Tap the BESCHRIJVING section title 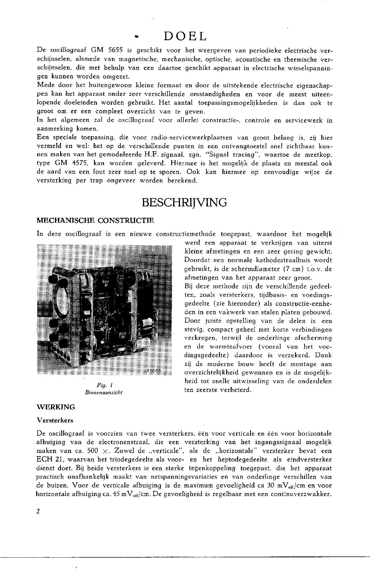(x=184, y=203)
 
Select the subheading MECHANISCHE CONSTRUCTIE (x=96, y=220)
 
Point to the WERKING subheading (x=56, y=407)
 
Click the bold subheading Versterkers (x=55, y=420)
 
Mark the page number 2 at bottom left (x=38, y=511)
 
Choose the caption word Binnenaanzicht (x=103, y=393)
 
